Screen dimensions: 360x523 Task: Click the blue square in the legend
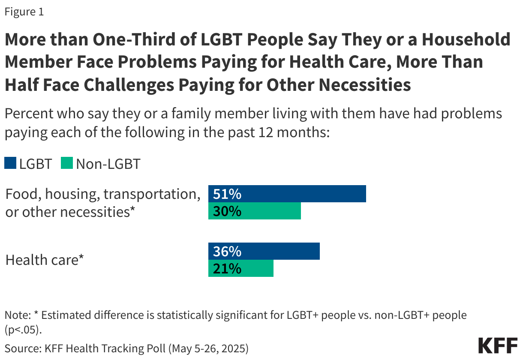pos(10,163)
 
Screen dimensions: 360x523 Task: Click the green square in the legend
pos(67,163)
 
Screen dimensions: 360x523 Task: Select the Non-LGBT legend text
pos(108,164)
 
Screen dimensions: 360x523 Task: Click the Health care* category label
pos(44,260)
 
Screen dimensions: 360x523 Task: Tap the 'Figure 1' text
pos(24,12)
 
